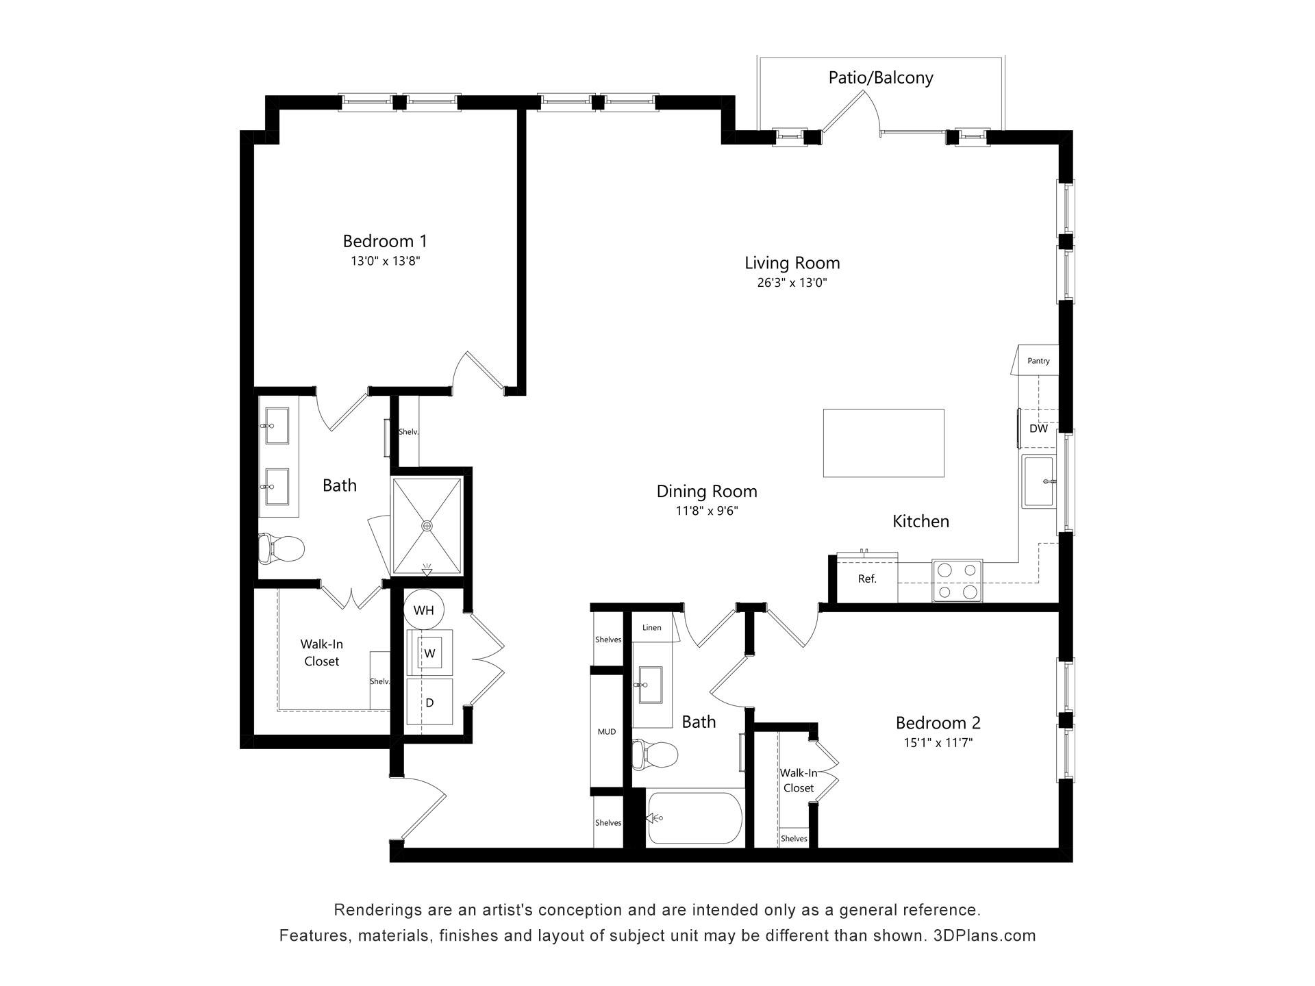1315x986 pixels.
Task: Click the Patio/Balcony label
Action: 881,77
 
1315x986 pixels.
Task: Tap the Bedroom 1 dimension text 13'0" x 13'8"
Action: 385,261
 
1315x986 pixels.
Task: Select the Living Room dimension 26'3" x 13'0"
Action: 792,283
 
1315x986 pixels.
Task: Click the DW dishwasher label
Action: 1038,429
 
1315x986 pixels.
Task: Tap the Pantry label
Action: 1038,361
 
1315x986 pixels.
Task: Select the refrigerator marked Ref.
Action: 867,579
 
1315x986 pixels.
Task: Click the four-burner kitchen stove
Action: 957,581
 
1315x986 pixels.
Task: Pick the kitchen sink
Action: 1039,481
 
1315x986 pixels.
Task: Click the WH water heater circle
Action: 424,609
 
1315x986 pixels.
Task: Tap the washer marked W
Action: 429,653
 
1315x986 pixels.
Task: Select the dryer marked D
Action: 429,702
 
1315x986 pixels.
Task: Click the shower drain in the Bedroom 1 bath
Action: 427,526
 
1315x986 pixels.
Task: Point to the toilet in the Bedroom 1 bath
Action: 281,548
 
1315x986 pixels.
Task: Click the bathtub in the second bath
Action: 694,818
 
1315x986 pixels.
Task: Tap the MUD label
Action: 607,731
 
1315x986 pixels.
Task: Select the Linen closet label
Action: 652,628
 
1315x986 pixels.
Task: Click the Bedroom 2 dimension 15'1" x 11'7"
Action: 938,743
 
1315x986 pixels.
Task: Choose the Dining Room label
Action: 707,491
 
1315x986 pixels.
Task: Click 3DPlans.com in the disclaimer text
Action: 985,935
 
